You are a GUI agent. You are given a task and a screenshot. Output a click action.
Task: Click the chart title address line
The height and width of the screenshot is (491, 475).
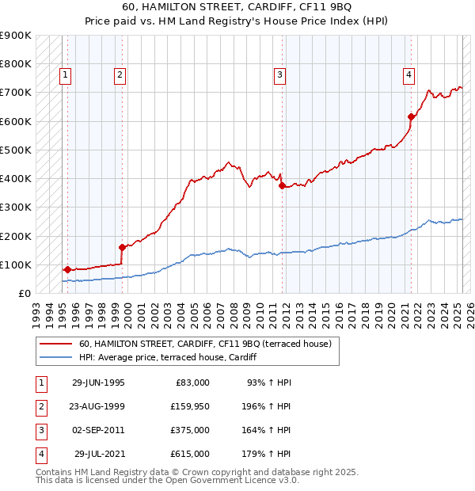(x=238, y=9)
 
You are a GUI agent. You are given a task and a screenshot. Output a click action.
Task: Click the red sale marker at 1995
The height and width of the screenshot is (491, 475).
(x=67, y=269)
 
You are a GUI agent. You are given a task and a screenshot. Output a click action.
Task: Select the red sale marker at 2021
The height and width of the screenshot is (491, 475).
(x=411, y=117)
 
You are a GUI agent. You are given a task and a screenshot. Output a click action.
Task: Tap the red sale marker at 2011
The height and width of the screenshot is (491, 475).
(x=282, y=186)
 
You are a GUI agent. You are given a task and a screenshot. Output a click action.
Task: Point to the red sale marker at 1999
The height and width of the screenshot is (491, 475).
(x=122, y=247)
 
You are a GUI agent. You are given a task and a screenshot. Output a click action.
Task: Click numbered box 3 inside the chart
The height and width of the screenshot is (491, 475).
(x=280, y=75)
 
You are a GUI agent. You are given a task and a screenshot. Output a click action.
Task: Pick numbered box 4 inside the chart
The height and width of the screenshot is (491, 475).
(x=408, y=75)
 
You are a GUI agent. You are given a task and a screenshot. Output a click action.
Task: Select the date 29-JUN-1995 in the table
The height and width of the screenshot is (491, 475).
(x=98, y=383)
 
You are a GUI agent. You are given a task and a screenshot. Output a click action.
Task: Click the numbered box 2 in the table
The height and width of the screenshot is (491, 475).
(x=40, y=406)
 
